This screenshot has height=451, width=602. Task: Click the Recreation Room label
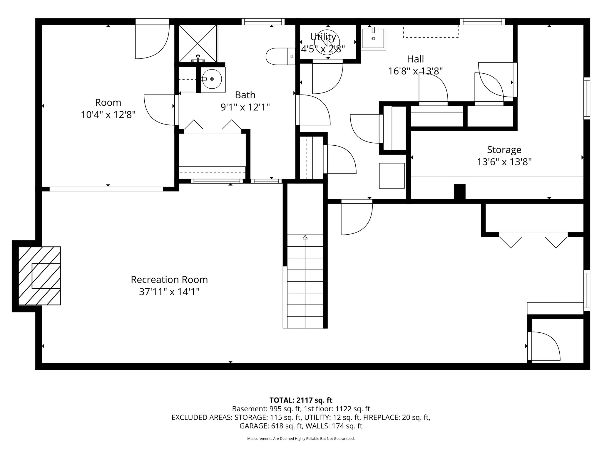click(169, 280)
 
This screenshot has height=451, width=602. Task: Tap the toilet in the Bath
click(280, 56)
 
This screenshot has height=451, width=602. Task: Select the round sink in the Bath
click(212, 79)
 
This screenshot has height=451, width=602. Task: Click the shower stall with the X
click(198, 43)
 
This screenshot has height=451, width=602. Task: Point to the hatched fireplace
click(39, 276)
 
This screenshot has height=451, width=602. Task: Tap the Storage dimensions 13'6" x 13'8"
click(504, 162)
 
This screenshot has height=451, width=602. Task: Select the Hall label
click(415, 59)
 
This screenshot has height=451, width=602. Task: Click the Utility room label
click(323, 37)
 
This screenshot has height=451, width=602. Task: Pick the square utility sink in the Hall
click(373, 38)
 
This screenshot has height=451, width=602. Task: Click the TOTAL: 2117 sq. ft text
click(301, 400)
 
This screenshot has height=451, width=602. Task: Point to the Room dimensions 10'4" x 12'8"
click(108, 115)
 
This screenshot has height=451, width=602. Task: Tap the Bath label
click(245, 95)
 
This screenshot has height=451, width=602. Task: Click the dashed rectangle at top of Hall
click(431, 31)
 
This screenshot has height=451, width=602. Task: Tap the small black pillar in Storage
click(460, 192)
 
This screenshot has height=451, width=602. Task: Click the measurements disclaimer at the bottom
click(301, 439)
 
